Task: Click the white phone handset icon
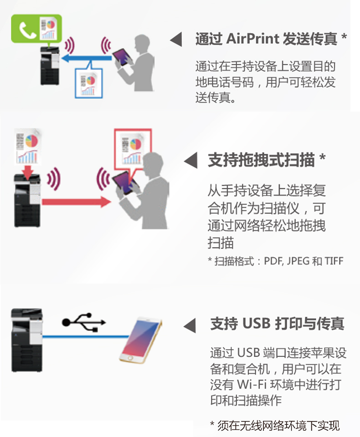[27, 30]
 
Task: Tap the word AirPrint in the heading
[253, 39]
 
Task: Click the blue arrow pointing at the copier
[87, 58]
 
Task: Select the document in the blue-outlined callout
[88, 84]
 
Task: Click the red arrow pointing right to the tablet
[77, 202]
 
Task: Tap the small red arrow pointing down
[28, 172]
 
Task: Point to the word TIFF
[334, 261]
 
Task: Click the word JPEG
[298, 261]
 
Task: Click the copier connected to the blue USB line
[27, 340]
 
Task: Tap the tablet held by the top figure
[123, 57]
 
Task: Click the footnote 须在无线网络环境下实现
[278, 426]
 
